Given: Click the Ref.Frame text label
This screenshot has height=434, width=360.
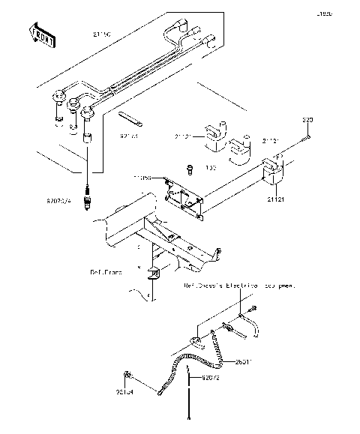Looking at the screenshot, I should point(105,272).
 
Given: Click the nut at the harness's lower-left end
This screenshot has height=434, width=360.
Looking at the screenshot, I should point(130,374).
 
